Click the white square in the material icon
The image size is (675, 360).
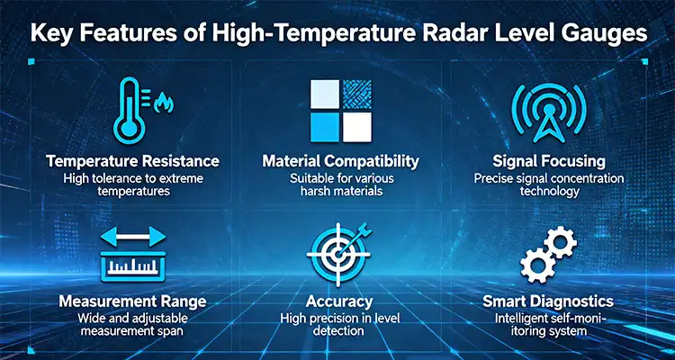pyautogui.click(x=357, y=127)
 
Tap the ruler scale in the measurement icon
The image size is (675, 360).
pyautogui.click(x=133, y=266)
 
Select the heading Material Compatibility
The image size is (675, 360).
pyautogui.click(x=340, y=161)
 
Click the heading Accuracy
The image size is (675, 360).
pyautogui.click(x=340, y=300)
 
